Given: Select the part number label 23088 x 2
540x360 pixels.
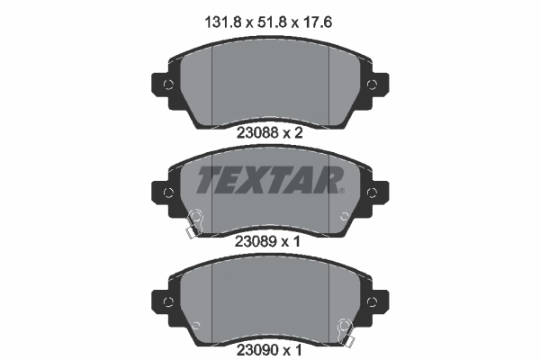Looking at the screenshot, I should (270, 131).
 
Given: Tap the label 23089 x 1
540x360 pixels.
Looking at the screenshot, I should (270, 240).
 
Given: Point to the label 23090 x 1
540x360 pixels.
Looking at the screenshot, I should (270, 346).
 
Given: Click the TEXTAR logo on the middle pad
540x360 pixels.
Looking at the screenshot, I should (267, 180).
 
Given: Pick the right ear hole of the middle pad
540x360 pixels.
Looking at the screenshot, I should (372, 192).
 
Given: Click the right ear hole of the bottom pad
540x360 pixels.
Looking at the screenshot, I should (372, 299).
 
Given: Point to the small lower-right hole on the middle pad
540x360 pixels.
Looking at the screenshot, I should (346, 216).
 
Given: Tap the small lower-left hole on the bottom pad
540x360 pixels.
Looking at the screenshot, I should (195, 321).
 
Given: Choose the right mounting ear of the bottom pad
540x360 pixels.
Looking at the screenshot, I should (376, 299).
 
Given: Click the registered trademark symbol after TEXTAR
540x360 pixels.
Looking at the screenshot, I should (340, 191).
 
